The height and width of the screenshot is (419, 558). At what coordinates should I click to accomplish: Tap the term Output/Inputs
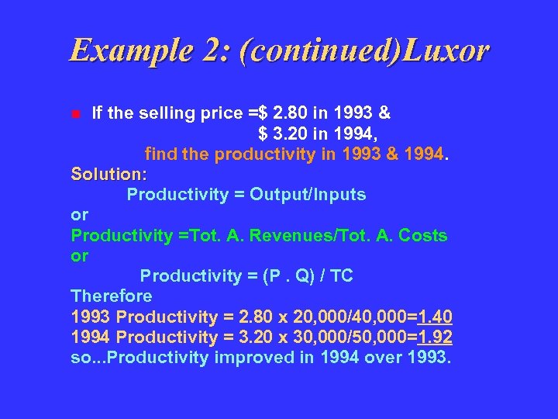322,195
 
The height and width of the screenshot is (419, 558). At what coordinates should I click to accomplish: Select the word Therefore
112,296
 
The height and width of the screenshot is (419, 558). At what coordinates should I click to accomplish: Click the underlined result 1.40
435,317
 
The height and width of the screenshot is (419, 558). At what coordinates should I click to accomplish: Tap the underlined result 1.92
435,337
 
